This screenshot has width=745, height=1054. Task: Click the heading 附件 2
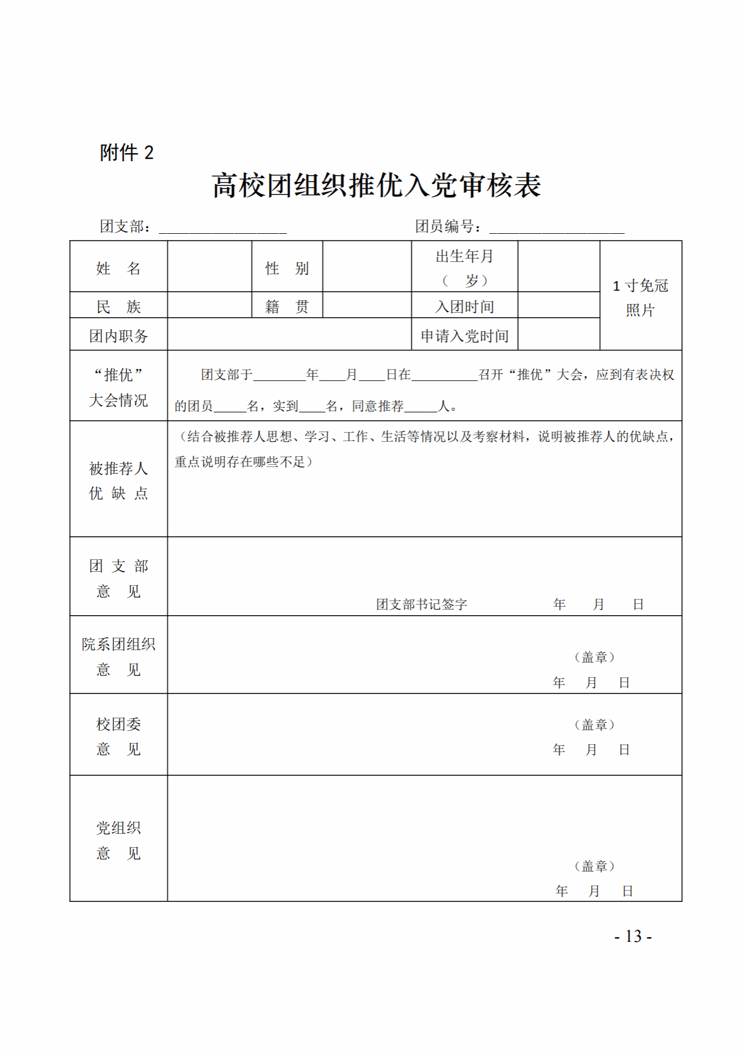tap(127, 153)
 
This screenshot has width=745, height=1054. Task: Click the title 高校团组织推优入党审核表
tap(376, 185)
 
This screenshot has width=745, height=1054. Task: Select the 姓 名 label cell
tap(118, 268)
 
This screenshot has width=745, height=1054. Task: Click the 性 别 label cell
tap(287, 268)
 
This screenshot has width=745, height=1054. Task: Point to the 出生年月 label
tap(464, 257)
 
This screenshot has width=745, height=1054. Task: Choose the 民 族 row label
tap(118, 306)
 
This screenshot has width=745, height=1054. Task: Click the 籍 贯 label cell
tap(287, 306)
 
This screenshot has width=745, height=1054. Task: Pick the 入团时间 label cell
tap(464, 306)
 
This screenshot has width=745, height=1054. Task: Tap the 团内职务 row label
tap(118, 336)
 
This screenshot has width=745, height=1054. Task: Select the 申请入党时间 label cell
tap(464, 336)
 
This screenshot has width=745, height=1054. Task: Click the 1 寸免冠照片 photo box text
tap(641, 297)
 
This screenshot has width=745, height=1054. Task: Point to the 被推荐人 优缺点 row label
tap(118, 481)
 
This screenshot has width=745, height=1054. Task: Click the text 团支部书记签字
tap(422, 604)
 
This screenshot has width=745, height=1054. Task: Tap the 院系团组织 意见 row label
tap(118, 656)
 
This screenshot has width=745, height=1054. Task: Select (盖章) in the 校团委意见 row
tap(595, 724)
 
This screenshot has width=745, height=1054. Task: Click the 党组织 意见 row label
tap(118, 840)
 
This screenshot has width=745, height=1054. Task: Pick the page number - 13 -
tap(633, 936)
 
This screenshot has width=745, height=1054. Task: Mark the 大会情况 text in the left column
tap(118, 401)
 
